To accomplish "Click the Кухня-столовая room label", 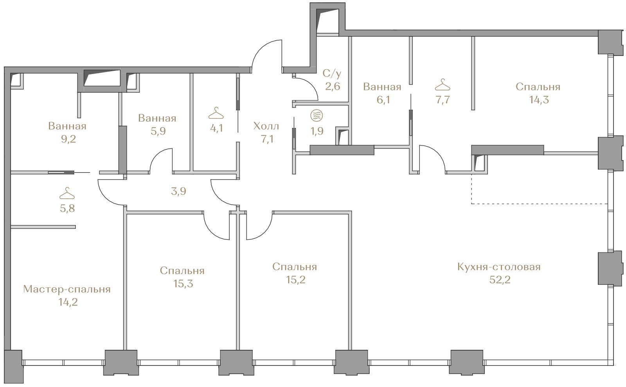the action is [499, 267].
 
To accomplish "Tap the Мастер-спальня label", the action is [67, 289].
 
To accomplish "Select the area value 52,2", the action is [500, 280].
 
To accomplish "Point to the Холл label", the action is [266, 126].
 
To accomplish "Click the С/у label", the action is [332, 74].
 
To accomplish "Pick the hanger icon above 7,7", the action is [443, 85].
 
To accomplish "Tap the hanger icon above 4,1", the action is [216, 113].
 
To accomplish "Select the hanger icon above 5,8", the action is [67, 193].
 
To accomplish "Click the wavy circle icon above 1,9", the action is [317, 116].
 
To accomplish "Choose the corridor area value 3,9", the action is [178, 191].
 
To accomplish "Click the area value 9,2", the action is [68, 139].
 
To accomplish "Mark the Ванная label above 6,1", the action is [382, 87].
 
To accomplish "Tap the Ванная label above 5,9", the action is [157, 118].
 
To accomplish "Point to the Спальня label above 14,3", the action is [538, 87].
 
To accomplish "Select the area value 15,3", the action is [183, 284].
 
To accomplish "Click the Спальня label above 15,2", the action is [295, 267].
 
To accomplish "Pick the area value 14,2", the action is [68, 302].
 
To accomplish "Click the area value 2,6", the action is [333, 86].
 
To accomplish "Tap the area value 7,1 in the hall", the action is [267, 139].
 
